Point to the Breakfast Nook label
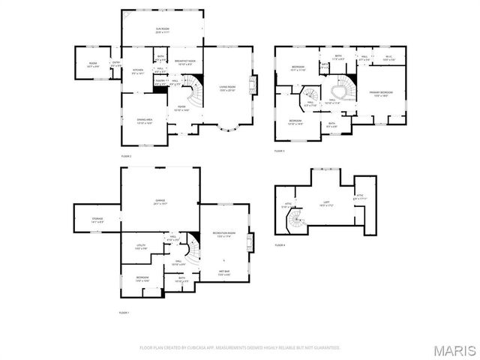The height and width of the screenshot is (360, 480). point(185,62)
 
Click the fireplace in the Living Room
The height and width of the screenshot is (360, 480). point(253,84)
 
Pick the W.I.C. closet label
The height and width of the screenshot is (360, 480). point(388,57)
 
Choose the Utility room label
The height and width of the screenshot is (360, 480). point(141,246)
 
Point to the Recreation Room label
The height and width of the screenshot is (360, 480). point(224,235)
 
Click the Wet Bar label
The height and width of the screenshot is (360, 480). point(225,272)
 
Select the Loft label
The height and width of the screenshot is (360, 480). point(326,202)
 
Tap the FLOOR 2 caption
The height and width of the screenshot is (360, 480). point(126,155)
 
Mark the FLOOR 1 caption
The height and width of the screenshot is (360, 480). point(124,313)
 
